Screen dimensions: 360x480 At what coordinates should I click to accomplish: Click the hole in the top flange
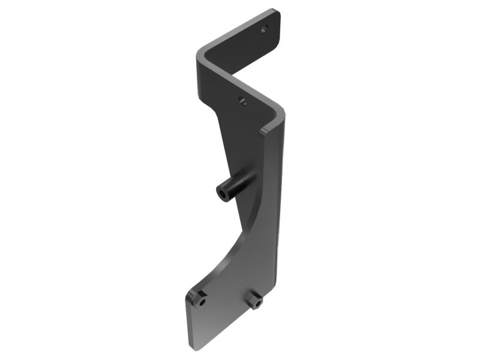click(263, 28)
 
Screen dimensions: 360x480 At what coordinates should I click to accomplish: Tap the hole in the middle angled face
click(242, 101)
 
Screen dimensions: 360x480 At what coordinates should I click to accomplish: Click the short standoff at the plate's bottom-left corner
click(199, 298)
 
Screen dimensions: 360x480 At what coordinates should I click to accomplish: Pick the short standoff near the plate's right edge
click(256, 299)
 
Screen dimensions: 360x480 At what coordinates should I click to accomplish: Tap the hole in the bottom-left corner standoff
click(202, 302)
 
